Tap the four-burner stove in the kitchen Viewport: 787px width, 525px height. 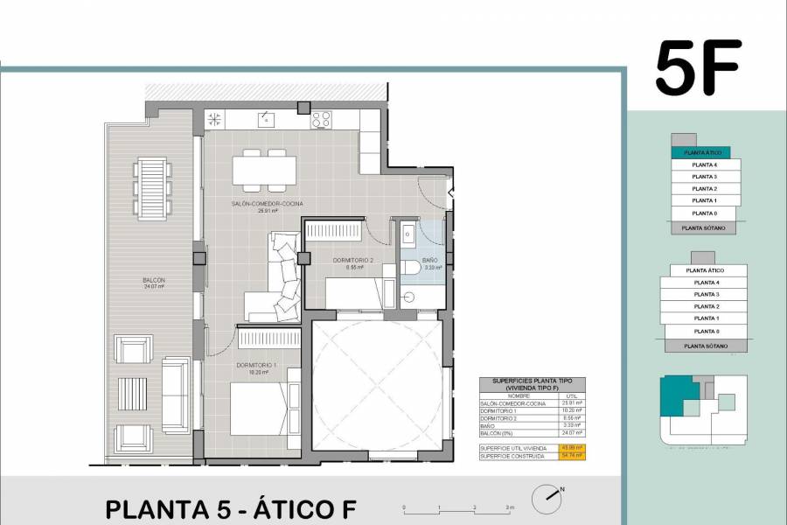click(321, 118)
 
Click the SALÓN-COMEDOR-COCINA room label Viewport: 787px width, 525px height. click(267, 205)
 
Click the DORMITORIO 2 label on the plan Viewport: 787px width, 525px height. click(353, 261)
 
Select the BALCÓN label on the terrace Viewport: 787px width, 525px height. click(154, 281)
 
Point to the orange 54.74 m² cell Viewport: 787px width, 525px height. click(573, 456)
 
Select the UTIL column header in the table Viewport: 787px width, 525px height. click(572, 395)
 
